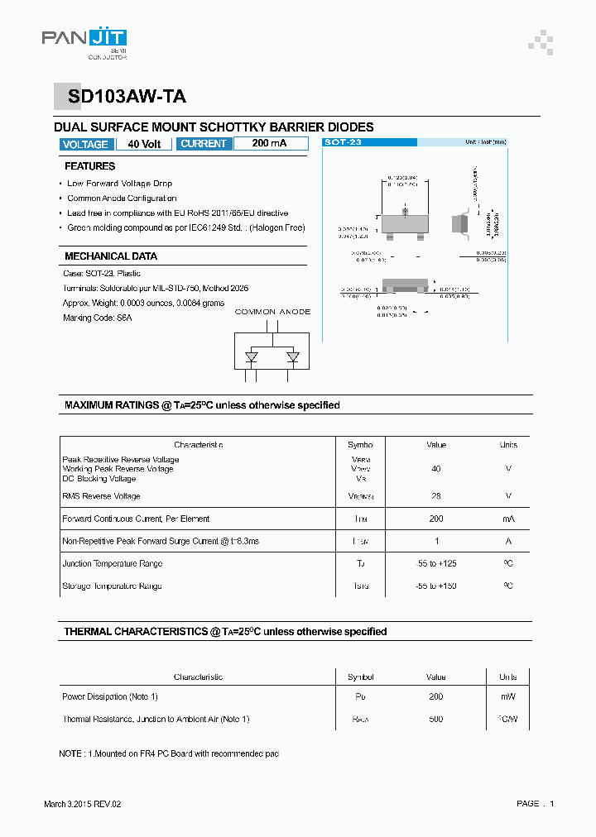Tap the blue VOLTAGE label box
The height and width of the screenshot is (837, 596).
point(84,144)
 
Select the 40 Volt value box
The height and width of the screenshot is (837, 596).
point(145,144)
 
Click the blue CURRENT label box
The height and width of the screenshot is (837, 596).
point(203,144)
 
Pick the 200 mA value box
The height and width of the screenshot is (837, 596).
point(270,144)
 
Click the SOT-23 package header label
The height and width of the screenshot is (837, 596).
point(344,142)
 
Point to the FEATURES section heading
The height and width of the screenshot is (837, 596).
point(89,166)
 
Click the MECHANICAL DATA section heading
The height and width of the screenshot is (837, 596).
point(110,256)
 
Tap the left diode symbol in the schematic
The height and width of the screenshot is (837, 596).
point(252,357)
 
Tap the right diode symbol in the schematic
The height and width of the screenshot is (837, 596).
point(292,357)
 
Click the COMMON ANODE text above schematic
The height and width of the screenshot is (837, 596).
point(273,312)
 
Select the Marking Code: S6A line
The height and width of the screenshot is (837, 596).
point(97,318)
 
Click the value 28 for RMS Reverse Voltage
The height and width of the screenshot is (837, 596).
point(436,496)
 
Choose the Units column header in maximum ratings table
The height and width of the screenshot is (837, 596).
point(508,445)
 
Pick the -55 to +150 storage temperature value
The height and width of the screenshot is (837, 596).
point(436,586)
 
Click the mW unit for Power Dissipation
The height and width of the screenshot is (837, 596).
point(508,696)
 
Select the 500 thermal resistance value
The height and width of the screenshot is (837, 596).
point(436,719)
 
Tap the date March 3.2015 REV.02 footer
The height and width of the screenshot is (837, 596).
point(88,804)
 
